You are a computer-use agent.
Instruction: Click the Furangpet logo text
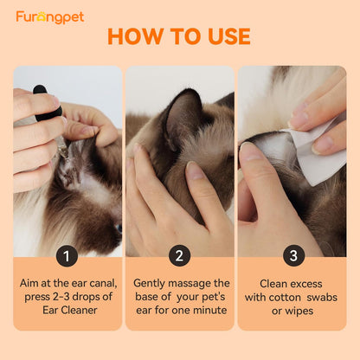(49, 17)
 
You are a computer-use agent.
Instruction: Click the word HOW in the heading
(135, 37)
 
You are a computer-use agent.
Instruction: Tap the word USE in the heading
(223, 37)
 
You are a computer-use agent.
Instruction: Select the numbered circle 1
(67, 256)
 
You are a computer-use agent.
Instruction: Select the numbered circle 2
(180, 256)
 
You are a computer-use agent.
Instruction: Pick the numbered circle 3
(292, 256)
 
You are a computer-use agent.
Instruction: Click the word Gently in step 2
(151, 283)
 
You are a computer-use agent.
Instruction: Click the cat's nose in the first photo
(119, 227)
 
